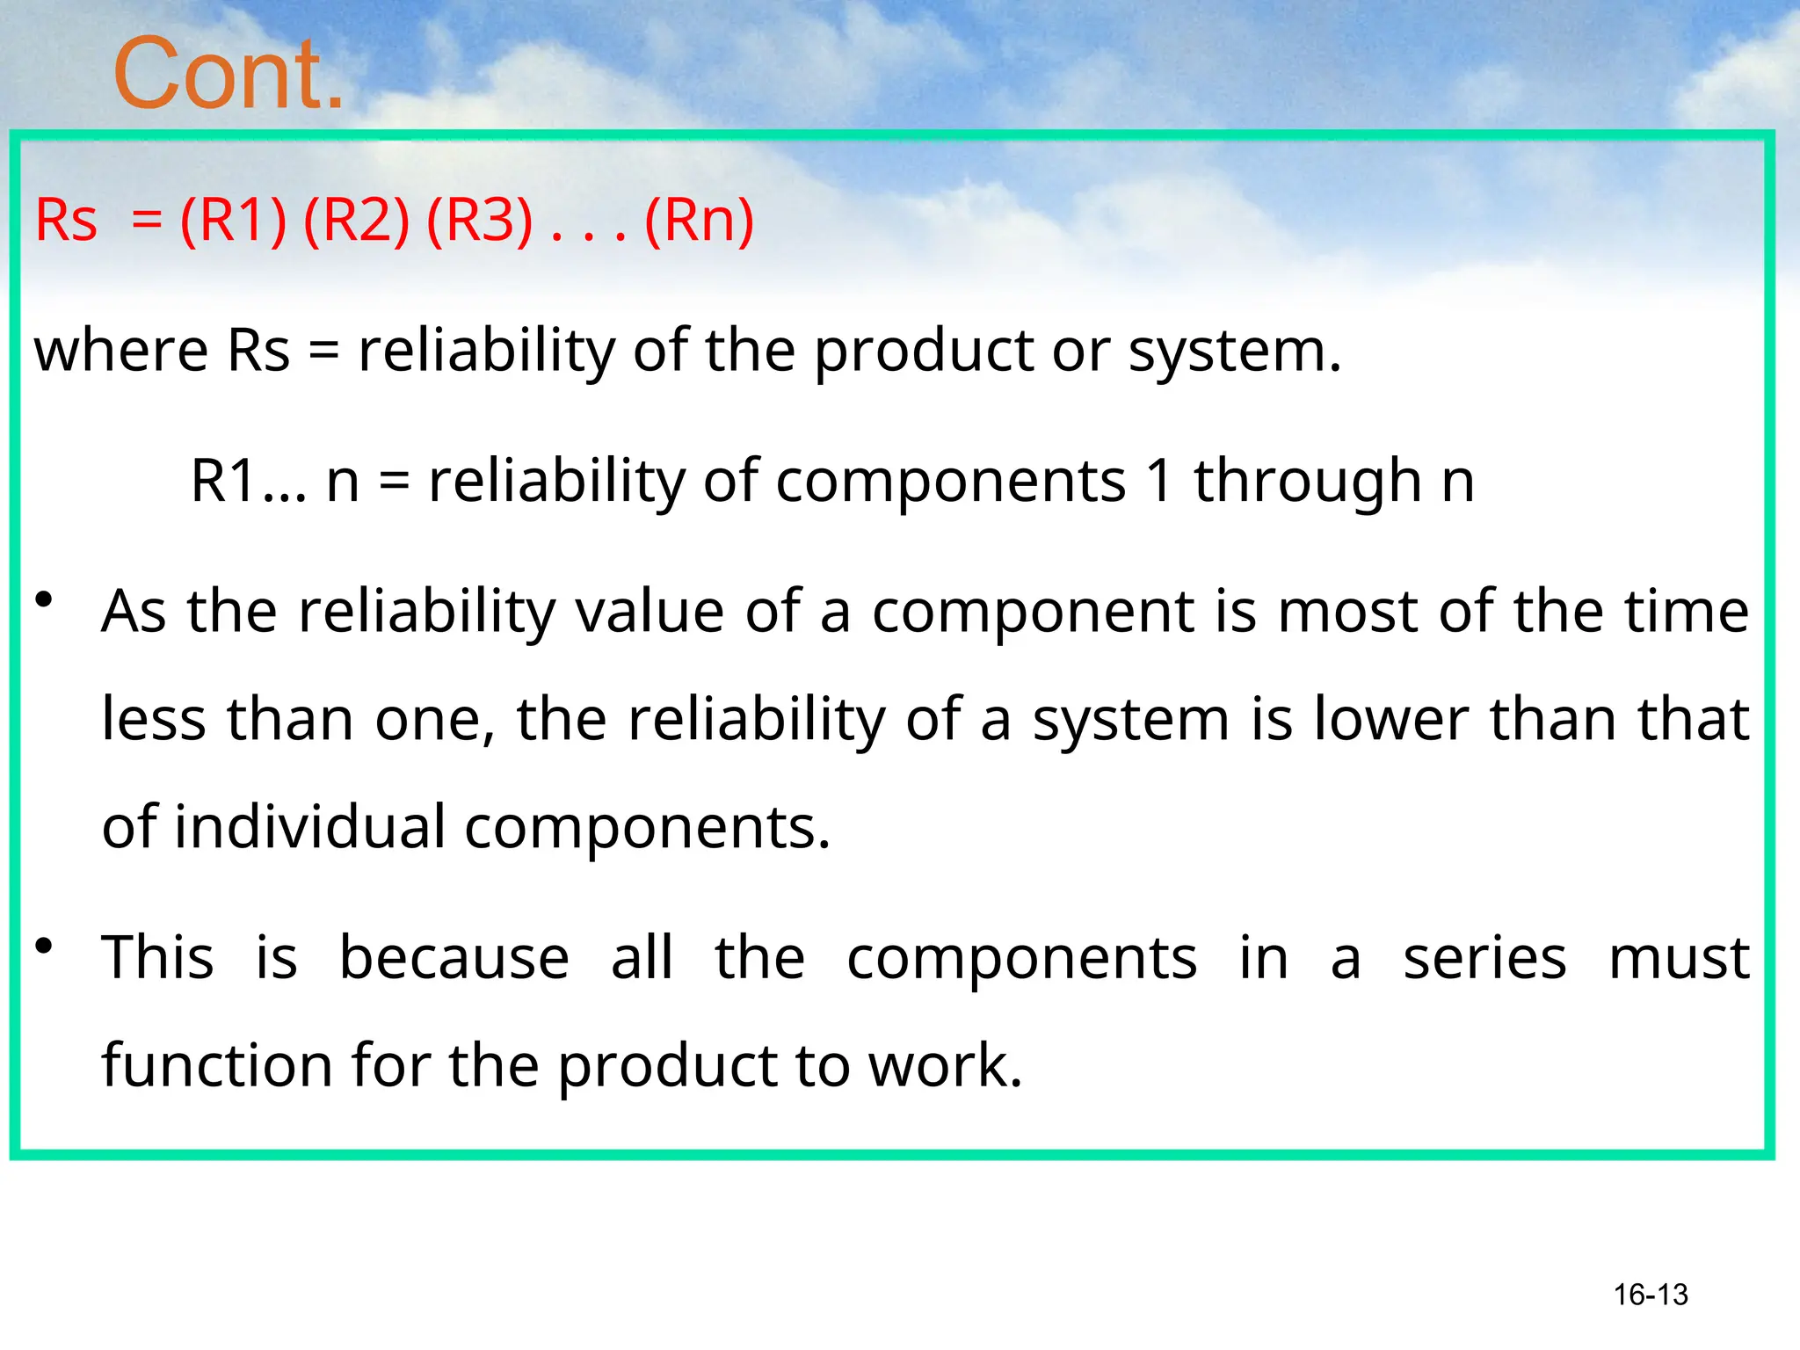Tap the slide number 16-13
tap(1651, 1295)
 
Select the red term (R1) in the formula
tap(233, 220)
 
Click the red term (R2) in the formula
tap(356, 220)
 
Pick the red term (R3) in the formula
tap(479, 220)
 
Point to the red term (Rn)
tap(699, 220)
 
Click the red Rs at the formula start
tap(66, 220)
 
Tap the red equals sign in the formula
tap(147, 221)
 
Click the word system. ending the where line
tap(1235, 352)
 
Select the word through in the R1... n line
tap(1307, 481)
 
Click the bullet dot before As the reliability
tap(44, 601)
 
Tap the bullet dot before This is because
tap(44, 947)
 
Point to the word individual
tap(309, 827)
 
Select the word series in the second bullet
tap(1484, 957)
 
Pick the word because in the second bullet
tap(454, 957)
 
